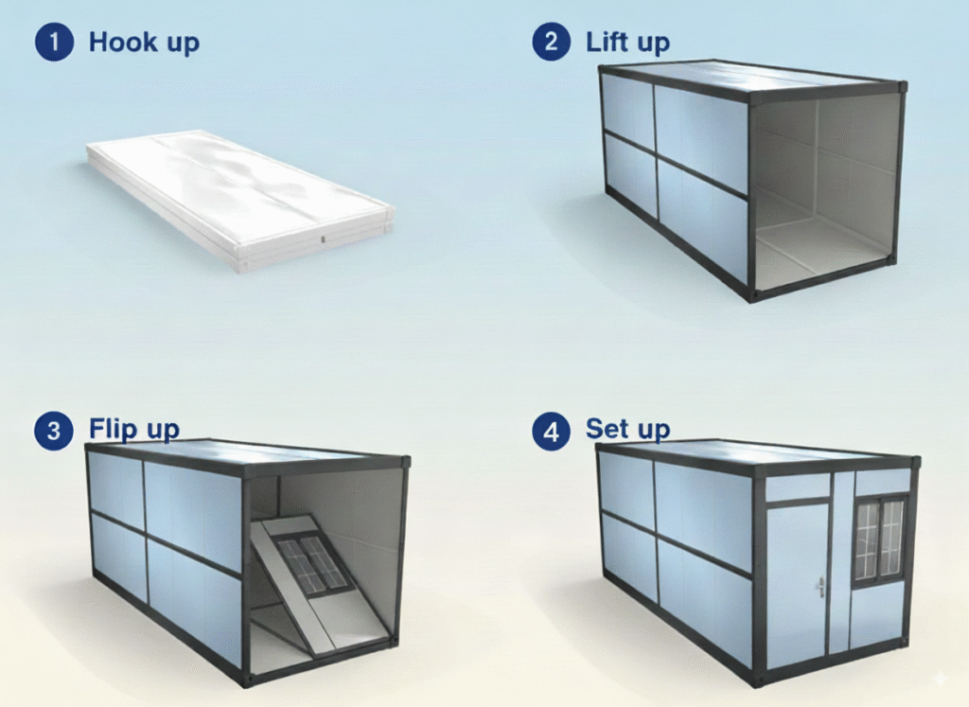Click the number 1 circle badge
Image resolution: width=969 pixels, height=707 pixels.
pos(54,43)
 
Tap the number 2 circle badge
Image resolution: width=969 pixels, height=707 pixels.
pos(551,43)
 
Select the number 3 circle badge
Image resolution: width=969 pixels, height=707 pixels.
pos(54,432)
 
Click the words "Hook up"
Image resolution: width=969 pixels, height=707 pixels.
pos(144,43)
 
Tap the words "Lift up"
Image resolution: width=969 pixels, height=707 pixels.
pos(627,43)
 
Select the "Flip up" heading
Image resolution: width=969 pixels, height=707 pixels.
pos(134,430)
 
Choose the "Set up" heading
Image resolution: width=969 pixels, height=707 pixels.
pos(627,429)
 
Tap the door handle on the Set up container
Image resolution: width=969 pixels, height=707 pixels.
pos(820,588)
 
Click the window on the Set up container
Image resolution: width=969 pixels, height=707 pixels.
pos(879,539)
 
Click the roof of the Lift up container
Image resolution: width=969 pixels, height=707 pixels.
pos(748,79)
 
